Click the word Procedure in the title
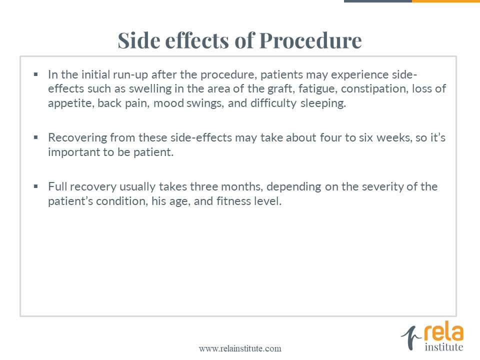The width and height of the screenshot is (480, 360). coord(310,40)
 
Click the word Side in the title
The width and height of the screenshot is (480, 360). coord(139,40)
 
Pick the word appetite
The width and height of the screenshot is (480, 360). coord(71,103)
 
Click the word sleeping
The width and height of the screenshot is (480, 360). coord(323,103)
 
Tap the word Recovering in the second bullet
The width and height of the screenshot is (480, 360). coord(77,138)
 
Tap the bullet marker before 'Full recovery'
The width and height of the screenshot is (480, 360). coord(36,186)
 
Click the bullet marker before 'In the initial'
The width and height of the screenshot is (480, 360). coord(36,74)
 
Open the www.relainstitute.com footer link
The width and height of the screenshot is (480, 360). coord(240,348)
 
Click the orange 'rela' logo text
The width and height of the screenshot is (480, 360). coord(443,333)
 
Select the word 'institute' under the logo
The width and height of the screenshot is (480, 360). coord(444,347)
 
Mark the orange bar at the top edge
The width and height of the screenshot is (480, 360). coord(446,1)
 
